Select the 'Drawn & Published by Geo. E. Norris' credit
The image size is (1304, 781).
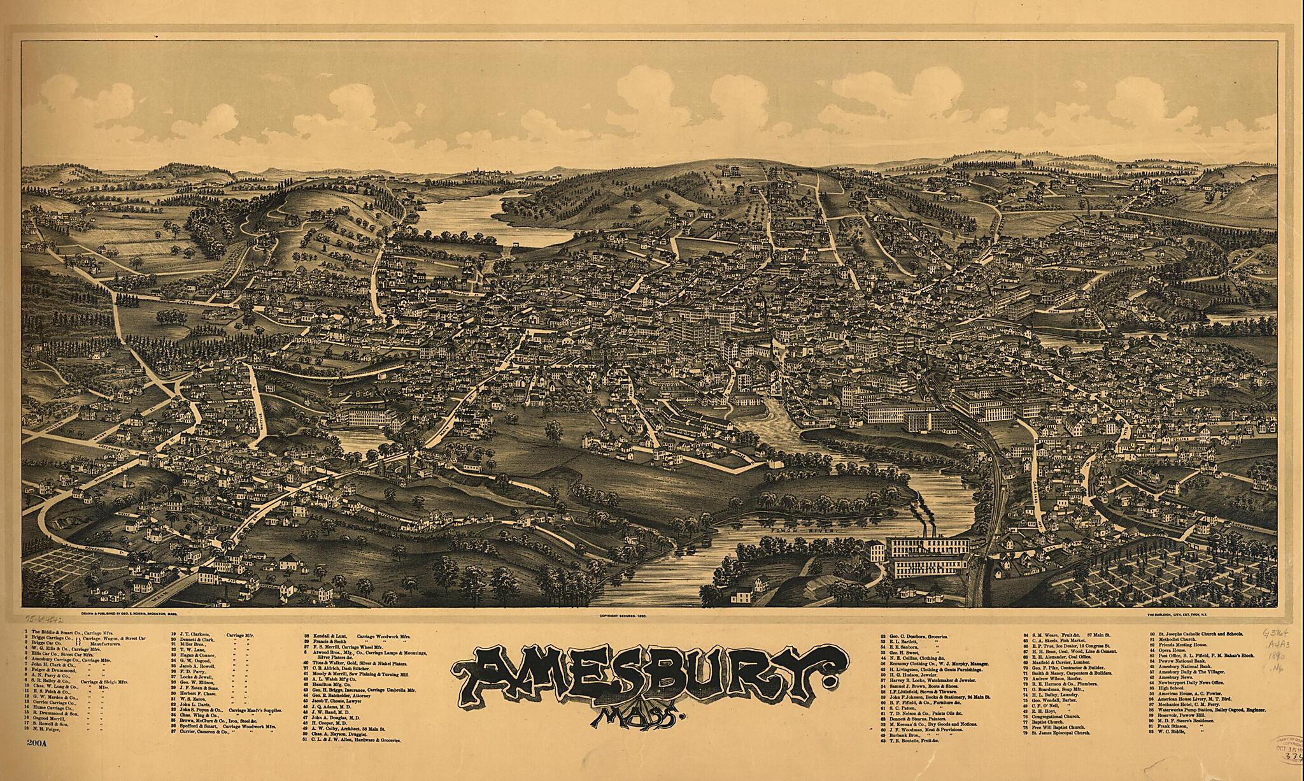click(x=128, y=616)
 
